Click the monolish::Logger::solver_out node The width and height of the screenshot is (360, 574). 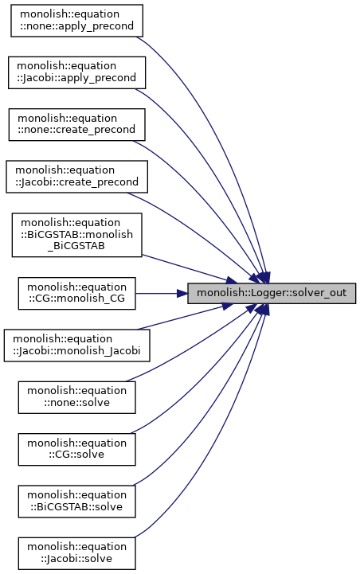tap(272, 293)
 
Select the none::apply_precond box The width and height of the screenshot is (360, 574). tap(76, 21)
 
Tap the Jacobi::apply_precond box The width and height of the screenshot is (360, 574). tap(76, 72)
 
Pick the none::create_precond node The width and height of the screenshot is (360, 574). tap(76, 124)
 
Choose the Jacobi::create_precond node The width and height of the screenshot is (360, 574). tap(76, 177)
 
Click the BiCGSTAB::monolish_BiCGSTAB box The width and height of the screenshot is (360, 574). tap(76, 235)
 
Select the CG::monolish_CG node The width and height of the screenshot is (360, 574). tap(76, 293)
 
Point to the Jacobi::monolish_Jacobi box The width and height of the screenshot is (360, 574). tap(76, 346)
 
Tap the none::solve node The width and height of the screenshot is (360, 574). tap(76, 397)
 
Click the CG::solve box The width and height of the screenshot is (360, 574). tap(76, 449)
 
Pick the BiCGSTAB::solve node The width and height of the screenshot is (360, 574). tap(76, 501)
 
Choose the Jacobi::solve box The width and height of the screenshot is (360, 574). tap(76, 553)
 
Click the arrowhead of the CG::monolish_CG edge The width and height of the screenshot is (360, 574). tap(182, 293)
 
